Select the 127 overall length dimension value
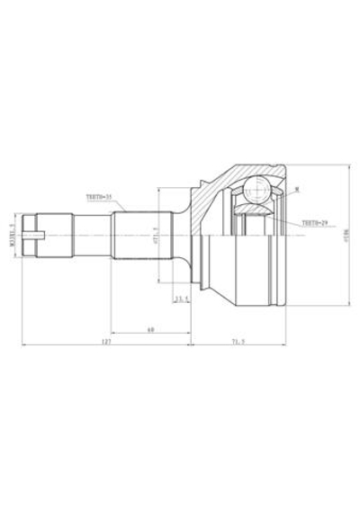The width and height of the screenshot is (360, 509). pyautogui.click(x=105, y=342)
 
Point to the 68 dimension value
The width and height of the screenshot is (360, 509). pyautogui.click(x=150, y=329)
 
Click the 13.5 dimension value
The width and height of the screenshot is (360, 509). pyautogui.click(x=181, y=299)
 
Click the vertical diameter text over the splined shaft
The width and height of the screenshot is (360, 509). pyautogui.click(x=155, y=237)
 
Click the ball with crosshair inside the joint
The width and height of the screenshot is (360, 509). pyautogui.click(x=256, y=192)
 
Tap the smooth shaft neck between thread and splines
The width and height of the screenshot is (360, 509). pyautogui.click(x=90, y=237)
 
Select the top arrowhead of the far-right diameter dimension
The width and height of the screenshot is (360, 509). pyautogui.click(x=348, y=165)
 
